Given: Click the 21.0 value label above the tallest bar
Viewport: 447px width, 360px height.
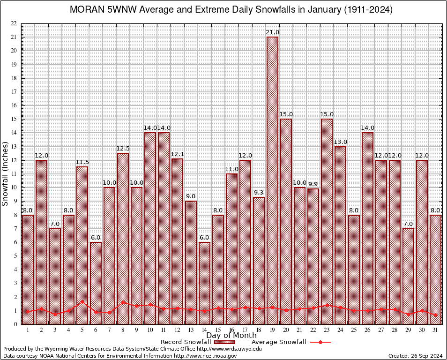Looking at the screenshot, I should (273, 32).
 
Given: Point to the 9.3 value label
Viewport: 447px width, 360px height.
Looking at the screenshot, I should (259, 193).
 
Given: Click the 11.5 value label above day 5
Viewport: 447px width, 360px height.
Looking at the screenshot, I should (82, 162).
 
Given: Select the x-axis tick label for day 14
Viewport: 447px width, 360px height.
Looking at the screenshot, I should (205, 330).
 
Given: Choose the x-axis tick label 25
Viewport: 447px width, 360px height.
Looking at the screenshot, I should (354, 330).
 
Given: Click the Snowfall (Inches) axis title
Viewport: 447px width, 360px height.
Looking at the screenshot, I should (6, 174).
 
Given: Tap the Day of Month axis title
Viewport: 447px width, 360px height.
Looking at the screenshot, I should (231, 336).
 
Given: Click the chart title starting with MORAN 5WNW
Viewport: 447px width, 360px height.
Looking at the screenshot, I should (231, 10).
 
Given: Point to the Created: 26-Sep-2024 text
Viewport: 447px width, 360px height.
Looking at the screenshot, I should (416, 356).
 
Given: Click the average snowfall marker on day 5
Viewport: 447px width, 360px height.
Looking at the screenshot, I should (82, 302).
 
